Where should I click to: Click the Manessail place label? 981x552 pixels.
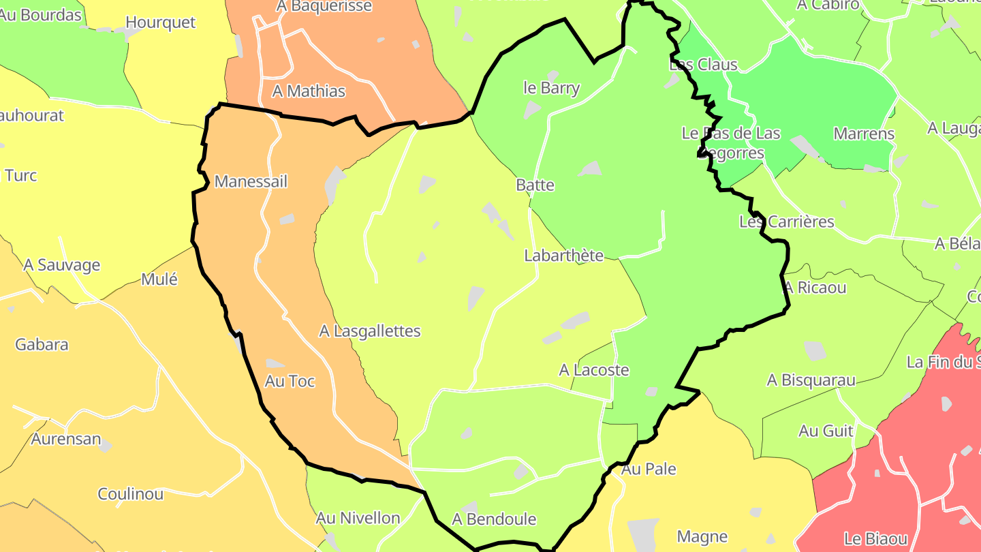pos(251,182)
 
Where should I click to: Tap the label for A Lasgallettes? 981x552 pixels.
pos(370,331)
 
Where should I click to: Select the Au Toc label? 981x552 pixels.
pos(290,382)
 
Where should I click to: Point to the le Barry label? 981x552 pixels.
pos(551,88)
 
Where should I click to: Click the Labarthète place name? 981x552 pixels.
pos(563,256)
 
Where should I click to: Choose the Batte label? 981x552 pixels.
pos(535,185)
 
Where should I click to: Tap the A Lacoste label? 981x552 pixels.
pos(593,370)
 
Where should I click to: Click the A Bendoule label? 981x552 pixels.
pos(494,519)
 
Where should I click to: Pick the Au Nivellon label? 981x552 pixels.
pos(358,518)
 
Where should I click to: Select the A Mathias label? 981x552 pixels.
pos(309,91)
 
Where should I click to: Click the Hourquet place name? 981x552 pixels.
pos(161,22)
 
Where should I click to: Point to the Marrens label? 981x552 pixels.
pos(864,134)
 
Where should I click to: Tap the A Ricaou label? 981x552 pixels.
pos(815,288)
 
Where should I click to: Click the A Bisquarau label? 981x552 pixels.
pos(811,380)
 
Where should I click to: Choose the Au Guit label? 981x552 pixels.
pos(826,431)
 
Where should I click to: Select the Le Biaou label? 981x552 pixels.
pos(875,538)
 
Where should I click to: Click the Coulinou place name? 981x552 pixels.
pos(131,494)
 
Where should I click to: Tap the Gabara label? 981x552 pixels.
pos(42,344)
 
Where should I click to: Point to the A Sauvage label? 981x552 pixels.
pos(62,265)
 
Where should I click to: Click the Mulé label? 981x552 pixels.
pos(159,279)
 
